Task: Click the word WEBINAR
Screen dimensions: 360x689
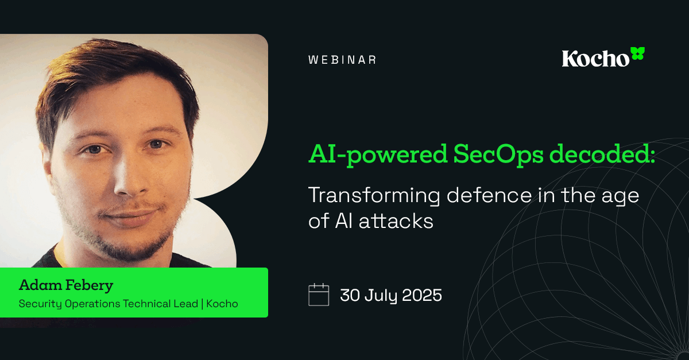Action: click(342, 60)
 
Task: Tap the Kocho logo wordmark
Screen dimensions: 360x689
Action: click(595, 59)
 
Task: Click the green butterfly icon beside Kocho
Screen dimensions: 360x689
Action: click(637, 54)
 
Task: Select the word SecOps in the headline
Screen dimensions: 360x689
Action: click(500, 154)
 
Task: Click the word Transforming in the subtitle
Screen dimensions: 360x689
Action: click(374, 195)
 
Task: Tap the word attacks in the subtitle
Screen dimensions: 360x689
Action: click(401, 221)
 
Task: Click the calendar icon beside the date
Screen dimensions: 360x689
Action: click(319, 295)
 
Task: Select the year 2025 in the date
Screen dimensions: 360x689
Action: click(421, 295)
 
